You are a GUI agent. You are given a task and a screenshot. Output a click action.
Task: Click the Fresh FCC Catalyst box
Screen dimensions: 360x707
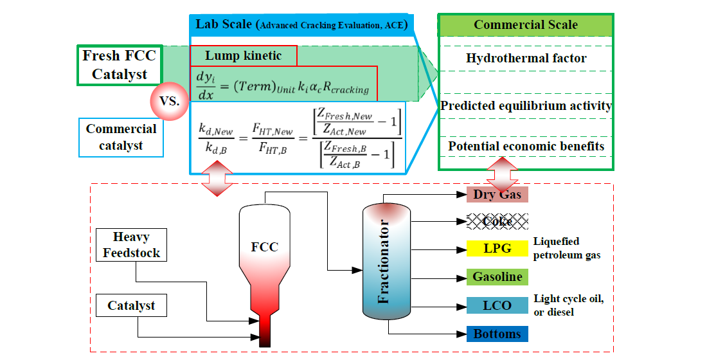point(119,65)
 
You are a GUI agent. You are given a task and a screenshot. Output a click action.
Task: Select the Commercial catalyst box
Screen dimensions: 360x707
point(121,137)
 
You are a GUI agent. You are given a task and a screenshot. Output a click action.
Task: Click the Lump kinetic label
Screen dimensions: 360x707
point(244,56)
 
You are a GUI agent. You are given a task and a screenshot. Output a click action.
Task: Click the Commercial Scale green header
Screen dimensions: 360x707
point(525,26)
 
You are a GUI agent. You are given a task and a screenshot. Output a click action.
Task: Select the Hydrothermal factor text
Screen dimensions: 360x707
point(526,58)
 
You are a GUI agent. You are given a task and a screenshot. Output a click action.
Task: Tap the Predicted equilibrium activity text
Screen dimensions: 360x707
point(526,105)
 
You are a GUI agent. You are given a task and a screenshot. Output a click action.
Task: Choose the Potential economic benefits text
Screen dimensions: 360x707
point(526,146)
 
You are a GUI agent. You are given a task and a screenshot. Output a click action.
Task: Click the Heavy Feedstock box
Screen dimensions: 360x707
point(132,245)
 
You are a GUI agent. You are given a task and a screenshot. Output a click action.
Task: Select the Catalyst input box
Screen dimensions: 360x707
point(131,305)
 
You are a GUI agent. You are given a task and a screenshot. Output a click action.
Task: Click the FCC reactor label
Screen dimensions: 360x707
point(264,246)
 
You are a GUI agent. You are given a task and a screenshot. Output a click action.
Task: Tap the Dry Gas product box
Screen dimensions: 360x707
point(497,194)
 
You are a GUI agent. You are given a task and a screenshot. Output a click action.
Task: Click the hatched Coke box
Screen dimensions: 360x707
point(497,222)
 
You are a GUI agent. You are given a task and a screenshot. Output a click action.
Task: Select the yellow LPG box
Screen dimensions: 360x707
point(497,249)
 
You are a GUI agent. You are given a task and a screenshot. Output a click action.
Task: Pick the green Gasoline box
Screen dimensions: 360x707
point(497,277)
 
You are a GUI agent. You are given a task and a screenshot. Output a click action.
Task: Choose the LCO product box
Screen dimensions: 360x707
point(497,305)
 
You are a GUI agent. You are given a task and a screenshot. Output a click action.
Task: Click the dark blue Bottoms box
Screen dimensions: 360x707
point(497,334)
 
